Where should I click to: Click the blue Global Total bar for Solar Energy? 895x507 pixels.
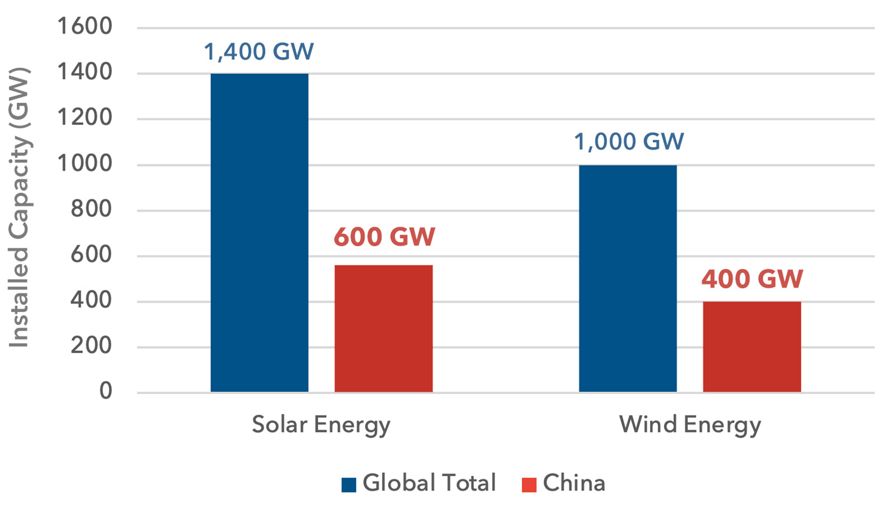pos(259,232)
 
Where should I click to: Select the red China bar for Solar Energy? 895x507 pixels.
pos(383,328)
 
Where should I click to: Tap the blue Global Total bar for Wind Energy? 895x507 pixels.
pos(628,278)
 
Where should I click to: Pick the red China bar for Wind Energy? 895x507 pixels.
pos(752,346)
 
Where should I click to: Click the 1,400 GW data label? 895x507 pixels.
pos(258,51)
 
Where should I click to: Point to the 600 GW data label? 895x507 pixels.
pos(384,237)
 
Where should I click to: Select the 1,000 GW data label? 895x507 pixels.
pos(629,142)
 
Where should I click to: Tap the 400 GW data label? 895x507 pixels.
pos(752,279)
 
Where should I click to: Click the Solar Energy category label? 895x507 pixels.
pos(321,425)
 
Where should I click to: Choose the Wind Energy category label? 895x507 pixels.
pos(690,425)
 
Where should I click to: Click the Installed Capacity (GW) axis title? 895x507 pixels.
pos(19,207)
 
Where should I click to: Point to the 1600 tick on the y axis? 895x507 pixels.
pos(84,26)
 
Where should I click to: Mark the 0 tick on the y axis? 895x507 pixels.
pos(106,391)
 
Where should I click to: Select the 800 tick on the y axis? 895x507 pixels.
pos(91,209)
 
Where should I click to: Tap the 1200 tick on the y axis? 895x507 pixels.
pos(84,118)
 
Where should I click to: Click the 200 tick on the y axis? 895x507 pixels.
pos(91,346)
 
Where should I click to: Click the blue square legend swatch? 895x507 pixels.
pos(348,485)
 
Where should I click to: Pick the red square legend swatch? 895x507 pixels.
pos(529,485)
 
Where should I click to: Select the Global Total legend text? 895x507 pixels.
pos(429,483)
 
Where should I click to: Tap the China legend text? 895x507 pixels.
pos(574,483)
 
